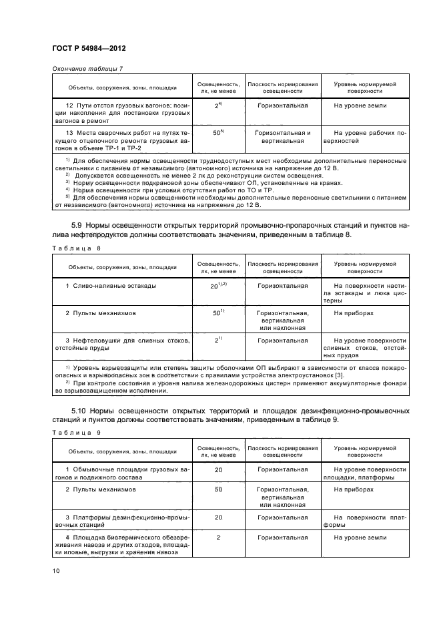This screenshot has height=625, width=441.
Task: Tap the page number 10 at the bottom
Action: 57,570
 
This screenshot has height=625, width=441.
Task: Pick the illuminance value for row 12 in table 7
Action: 217,106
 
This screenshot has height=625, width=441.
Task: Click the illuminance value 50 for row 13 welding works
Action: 217,133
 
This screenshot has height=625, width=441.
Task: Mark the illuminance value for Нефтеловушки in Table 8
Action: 217,340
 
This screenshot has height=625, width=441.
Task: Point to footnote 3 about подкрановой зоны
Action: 170,182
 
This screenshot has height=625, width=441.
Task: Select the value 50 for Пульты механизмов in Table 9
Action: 217,489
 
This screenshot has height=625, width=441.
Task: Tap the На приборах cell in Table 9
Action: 354,489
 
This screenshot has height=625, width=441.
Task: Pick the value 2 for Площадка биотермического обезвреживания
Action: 217,537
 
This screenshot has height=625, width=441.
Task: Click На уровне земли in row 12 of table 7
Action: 360,106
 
